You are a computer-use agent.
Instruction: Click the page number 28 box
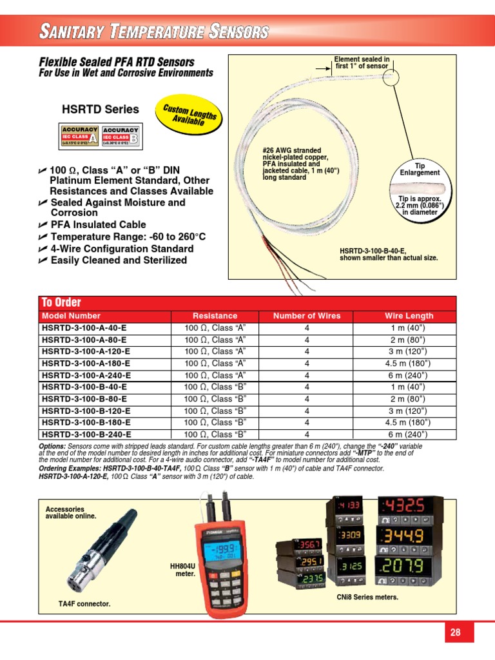(x=455, y=632)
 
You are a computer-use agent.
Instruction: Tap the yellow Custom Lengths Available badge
(x=189, y=115)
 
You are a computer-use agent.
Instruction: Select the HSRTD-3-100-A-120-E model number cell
(x=86, y=351)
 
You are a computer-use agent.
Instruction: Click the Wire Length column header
(x=409, y=316)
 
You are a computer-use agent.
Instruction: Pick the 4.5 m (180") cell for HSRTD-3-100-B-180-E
(x=409, y=422)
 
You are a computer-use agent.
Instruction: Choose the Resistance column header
(x=215, y=316)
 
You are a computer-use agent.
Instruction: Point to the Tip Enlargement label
(x=420, y=169)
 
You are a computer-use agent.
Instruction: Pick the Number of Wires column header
(x=307, y=316)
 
